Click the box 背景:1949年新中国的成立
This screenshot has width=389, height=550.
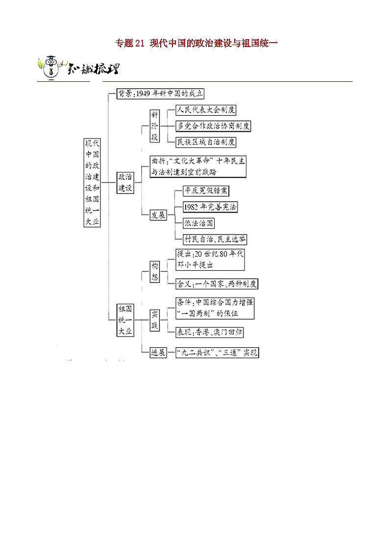click(x=160, y=94)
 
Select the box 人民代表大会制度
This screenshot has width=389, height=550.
click(x=206, y=110)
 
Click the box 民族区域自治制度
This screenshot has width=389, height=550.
click(x=206, y=142)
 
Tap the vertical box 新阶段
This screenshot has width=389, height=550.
click(x=155, y=126)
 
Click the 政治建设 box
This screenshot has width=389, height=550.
click(x=125, y=182)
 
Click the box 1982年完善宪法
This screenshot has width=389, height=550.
click(x=209, y=207)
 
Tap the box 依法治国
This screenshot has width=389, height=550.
click(x=198, y=223)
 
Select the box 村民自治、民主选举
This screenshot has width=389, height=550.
click(x=214, y=239)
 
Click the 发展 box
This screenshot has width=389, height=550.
click(x=158, y=215)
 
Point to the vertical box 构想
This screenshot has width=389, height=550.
click(x=155, y=271)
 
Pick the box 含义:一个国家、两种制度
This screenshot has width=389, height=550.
click(x=217, y=284)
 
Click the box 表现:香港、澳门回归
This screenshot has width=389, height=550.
click(x=210, y=332)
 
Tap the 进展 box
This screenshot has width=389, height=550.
click(x=158, y=353)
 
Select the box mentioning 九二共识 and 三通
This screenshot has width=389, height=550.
click(x=217, y=353)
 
